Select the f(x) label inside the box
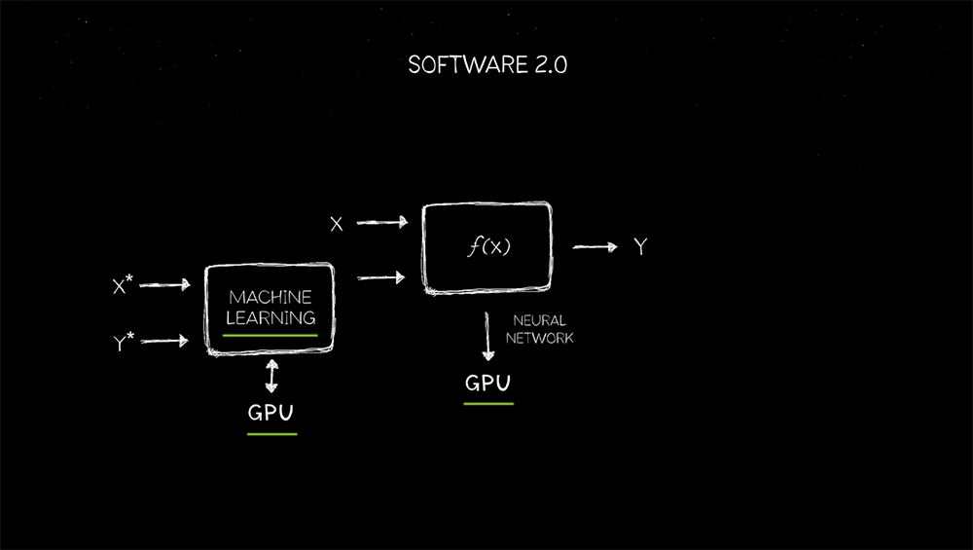(487, 247)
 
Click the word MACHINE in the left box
(270, 296)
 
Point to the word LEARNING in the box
(270, 317)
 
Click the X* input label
(123, 285)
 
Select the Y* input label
(124, 342)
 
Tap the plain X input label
(337, 224)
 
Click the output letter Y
(640, 247)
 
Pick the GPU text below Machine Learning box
(271, 412)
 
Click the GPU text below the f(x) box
(487, 384)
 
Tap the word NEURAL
(539, 320)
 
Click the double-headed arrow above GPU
(271, 376)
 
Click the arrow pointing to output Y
(595, 247)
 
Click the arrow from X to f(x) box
(381, 223)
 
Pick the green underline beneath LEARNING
(270, 334)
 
